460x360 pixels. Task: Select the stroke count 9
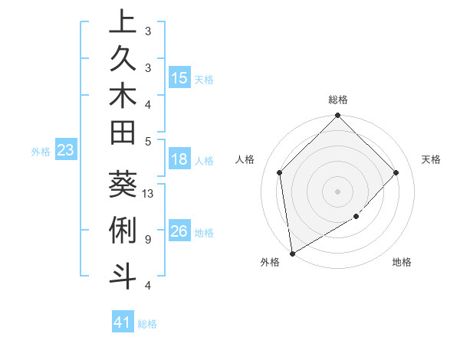pyautogui.click(x=147, y=239)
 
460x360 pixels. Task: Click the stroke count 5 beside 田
pyautogui.click(x=147, y=141)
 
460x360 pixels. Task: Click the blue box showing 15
pyautogui.click(x=179, y=78)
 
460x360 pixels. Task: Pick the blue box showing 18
pyautogui.click(x=179, y=160)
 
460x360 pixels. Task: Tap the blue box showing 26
pyautogui.click(x=179, y=231)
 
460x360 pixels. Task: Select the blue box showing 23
pyautogui.click(x=66, y=151)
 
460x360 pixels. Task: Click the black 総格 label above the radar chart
pyautogui.click(x=338, y=100)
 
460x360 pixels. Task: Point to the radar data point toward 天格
pyautogui.click(x=396, y=172)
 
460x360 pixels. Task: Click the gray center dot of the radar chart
pyautogui.click(x=338, y=191)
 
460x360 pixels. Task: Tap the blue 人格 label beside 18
pyautogui.click(x=204, y=161)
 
